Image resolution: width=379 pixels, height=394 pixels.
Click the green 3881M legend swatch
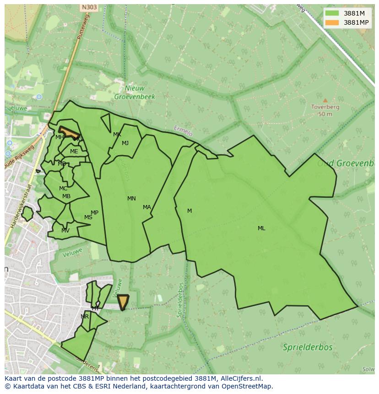pyautogui.click(x=332, y=13)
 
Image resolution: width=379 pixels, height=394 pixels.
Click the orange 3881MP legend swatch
pyautogui.click(x=332, y=22)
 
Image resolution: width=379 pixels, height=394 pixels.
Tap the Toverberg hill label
pyautogui.click(x=325, y=107)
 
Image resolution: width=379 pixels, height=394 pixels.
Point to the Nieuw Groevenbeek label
pyautogui.click(x=135, y=92)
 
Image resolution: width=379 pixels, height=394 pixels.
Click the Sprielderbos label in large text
pyautogui.click(x=308, y=347)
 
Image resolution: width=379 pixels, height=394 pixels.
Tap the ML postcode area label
pyautogui.click(x=261, y=228)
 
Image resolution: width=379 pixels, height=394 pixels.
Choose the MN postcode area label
pyautogui.click(x=131, y=199)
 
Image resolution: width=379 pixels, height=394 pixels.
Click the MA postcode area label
pyautogui.click(x=147, y=207)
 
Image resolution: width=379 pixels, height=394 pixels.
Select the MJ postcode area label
pyautogui.click(x=125, y=143)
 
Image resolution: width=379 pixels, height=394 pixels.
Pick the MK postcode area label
pyautogui.click(x=117, y=135)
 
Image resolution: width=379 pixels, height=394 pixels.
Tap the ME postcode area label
pyautogui.click(x=74, y=151)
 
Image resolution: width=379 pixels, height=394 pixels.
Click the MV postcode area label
pyautogui.click(x=65, y=231)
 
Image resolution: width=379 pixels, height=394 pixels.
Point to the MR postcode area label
pyautogui.click(x=85, y=317)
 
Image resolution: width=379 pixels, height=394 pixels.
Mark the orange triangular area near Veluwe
pyautogui.click(x=123, y=301)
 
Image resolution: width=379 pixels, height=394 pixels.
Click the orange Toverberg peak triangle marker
pyautogui.click(x=325, y=100)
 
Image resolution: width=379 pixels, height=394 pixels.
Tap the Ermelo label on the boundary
pyautogui.click(x=184, y=130)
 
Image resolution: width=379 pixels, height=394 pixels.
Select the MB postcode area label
pyautogui.click(x=66, y=197)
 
